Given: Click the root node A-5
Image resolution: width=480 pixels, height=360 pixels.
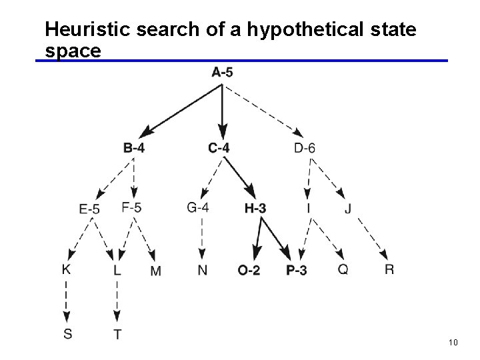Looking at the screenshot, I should point(222,72).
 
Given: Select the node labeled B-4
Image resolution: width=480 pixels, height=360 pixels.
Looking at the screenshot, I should point(133,147).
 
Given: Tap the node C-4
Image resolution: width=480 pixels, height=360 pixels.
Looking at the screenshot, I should point(219,147).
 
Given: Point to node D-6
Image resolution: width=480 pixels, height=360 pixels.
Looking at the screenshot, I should point(304,147).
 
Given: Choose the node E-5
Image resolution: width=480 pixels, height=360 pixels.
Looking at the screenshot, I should point(89,209).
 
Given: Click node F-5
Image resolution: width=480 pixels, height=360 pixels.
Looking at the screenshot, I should point(131,207).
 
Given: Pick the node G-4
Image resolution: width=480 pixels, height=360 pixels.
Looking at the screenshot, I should point(197,207).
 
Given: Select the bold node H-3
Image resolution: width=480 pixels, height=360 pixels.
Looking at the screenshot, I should point(255,209).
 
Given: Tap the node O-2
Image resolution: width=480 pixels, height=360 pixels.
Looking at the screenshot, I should point(249,271).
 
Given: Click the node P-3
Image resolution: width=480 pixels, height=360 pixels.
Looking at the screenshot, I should point(296,271).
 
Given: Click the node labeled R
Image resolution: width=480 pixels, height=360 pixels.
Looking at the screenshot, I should point(389,270).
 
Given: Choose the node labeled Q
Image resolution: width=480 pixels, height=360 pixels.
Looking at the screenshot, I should point(343,270).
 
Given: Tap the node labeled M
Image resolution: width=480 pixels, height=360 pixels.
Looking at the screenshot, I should point(156,271).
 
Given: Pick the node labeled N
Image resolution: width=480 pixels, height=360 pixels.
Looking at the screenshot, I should point(202,271).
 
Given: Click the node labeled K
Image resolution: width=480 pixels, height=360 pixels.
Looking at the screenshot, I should point(67,269).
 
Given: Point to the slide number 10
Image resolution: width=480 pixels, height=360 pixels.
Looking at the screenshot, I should point(453,343).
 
